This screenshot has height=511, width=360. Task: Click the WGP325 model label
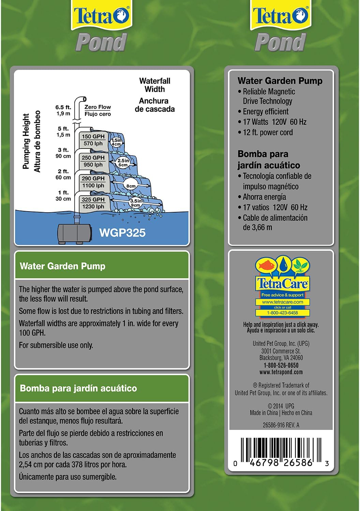122,233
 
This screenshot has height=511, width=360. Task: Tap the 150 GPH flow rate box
93,140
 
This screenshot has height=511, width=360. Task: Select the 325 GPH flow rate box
93,203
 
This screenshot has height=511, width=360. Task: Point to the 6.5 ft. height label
63,110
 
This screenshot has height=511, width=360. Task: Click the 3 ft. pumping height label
63,153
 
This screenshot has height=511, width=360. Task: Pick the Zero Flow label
97,110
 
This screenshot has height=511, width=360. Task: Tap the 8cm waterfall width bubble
131,186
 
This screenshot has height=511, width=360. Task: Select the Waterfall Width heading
154,85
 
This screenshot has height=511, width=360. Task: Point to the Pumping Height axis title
26,141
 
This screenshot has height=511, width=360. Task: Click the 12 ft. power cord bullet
268,133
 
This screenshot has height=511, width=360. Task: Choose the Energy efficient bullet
266,112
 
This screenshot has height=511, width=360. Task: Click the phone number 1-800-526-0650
281,365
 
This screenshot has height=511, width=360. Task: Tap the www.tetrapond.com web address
281,372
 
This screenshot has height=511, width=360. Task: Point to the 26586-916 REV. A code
281,425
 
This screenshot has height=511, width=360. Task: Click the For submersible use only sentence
56,345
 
